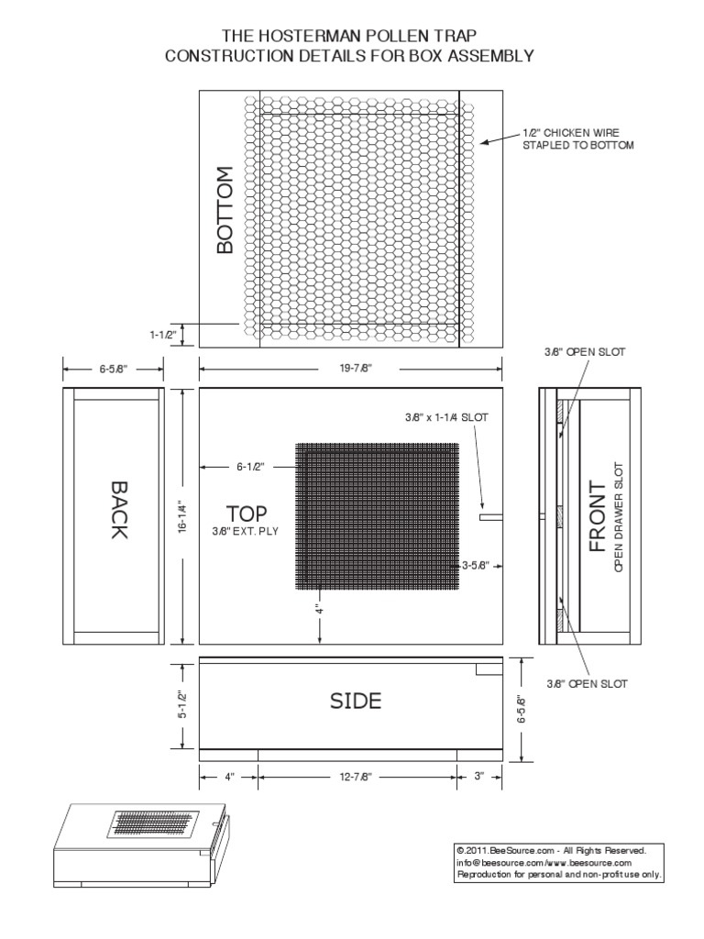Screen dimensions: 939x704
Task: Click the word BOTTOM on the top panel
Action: [225, 210]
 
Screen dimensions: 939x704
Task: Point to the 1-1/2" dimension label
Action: [164, 336]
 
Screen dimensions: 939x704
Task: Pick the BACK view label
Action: [116, 509]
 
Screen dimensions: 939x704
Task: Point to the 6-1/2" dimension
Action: [248, 467]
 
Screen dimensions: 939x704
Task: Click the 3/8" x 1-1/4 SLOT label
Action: [446, 416]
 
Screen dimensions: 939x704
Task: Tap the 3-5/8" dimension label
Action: [478, 564]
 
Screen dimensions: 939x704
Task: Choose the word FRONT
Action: [597, 516]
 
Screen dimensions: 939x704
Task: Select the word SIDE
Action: [356, 701]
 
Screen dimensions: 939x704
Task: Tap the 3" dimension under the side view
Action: [479, 777]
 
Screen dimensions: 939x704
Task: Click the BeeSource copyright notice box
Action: [559, 862]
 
